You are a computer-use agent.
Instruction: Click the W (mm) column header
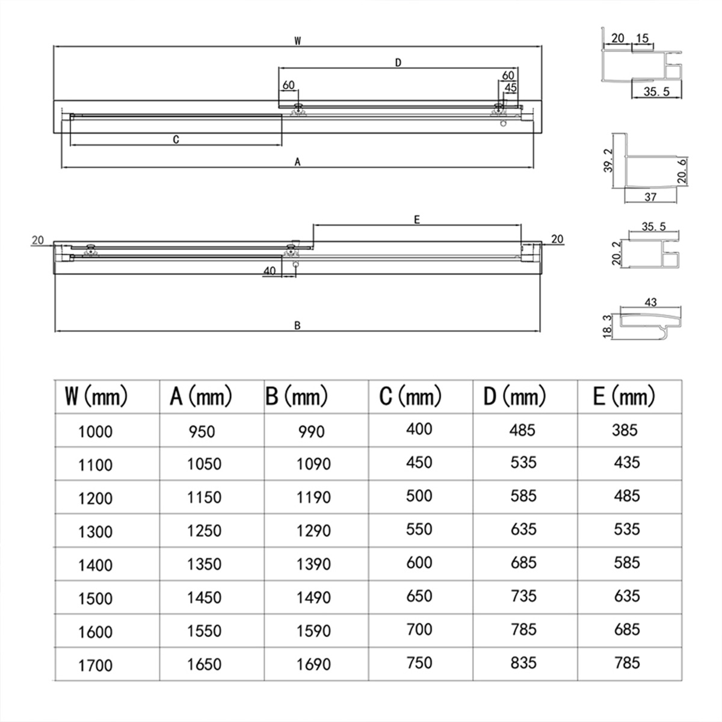(x=96, y=396)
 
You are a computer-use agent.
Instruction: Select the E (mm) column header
(x=624, y=396)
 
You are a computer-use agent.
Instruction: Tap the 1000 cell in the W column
(x=95, y=431)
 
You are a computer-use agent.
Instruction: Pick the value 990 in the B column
(x=311, y=431)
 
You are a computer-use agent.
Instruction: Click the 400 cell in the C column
(x=419, y=429)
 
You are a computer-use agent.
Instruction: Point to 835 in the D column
(x=523, y=663)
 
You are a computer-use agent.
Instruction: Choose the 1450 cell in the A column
(x=204, y=597)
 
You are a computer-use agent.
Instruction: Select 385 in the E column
(x=625, y=430)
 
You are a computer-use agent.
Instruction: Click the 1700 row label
(x=95, y=665)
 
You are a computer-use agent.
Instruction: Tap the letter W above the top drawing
(x=297, y=41)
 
